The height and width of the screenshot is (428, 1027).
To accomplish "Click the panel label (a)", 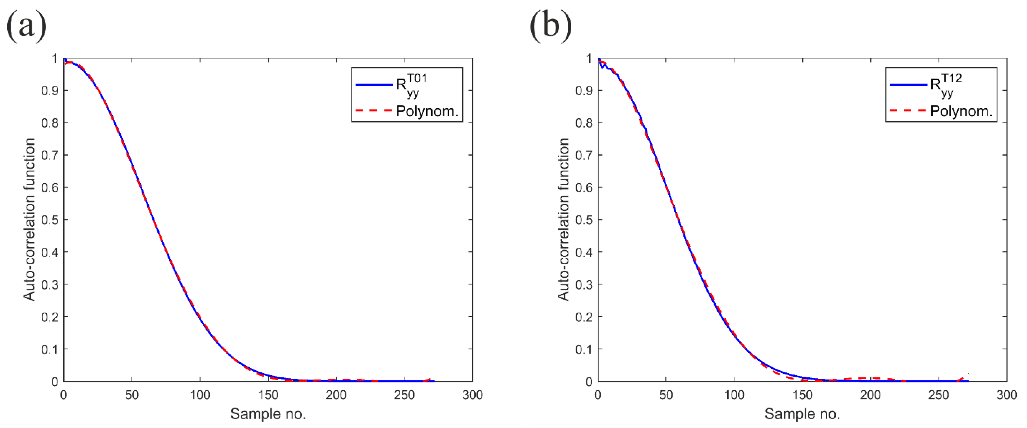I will pyautogui.click(x=26, y=26).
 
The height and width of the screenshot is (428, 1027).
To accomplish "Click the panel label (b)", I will pyautogui.click(x=551, y=26).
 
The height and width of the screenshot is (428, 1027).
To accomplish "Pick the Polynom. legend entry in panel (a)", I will pyautogui.click(x=427, y=111).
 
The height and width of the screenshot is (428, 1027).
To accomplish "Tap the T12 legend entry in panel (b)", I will pyautogui.click(x=945, y=85).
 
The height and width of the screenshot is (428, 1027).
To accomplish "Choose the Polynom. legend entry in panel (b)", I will pyautogui.click(x=961, y=111).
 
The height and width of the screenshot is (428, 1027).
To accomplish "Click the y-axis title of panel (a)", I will pyautogui.click(x=29, y=219).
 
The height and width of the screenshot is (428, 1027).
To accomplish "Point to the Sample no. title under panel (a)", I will pyautogui.click(x=268, y=414).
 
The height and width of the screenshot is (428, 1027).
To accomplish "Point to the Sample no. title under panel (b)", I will pyautogui.click(x=802, y=414).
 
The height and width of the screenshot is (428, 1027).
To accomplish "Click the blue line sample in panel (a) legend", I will pyautogui.click(x=374, y=85).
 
